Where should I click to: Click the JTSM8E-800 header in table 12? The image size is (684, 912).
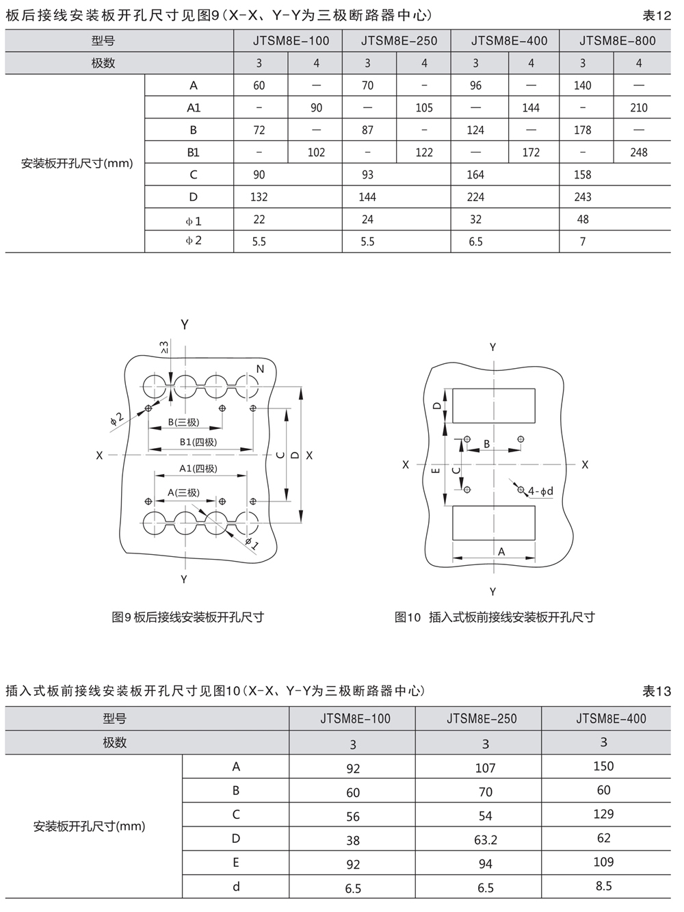[617, 40]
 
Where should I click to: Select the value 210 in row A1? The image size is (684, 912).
[639, 107]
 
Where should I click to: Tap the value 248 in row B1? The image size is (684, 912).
[639, 152]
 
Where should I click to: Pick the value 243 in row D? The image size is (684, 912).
[583, 197]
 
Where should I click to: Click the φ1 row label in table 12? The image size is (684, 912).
[194, 220]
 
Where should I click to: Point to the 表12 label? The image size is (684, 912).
[657, 15]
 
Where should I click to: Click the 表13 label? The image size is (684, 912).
[657, 691]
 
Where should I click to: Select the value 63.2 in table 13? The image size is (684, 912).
[486, 839]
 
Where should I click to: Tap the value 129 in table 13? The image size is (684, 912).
[603, 814]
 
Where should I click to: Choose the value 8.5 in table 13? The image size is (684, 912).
[603, 886]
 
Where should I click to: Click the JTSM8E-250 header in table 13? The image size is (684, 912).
[482, 718]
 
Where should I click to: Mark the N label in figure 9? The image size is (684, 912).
[260, 369]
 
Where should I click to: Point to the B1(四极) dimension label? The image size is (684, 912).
[198, 442]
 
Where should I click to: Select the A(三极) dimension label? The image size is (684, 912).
[183, 493]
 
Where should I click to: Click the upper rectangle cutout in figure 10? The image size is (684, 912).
[494, 406]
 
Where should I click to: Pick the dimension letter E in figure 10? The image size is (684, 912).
[436, 471]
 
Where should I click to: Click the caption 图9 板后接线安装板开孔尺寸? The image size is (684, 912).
[187, 617]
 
